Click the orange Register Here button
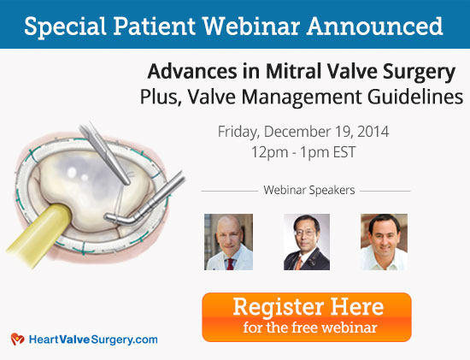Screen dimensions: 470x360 [307, 317]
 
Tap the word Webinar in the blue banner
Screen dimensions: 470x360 [251, 26]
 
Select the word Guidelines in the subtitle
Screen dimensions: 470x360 [415, 97]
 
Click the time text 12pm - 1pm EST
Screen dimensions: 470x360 [303, 152]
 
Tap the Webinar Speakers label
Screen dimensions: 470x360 [309, 190]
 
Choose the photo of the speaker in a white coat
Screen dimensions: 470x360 [228, 242]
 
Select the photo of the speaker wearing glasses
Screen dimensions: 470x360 [307, 242]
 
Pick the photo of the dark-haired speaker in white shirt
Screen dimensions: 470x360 [384, 242]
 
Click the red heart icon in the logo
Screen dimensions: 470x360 [18, 339]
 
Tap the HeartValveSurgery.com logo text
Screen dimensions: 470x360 [93, 339]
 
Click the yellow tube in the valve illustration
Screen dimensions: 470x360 [40, 234]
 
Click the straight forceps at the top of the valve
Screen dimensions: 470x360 [105, 153]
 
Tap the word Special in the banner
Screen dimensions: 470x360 [65, 27]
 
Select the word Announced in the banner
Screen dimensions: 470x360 [374, 26]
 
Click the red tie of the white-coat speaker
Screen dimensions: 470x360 [230, 264]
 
